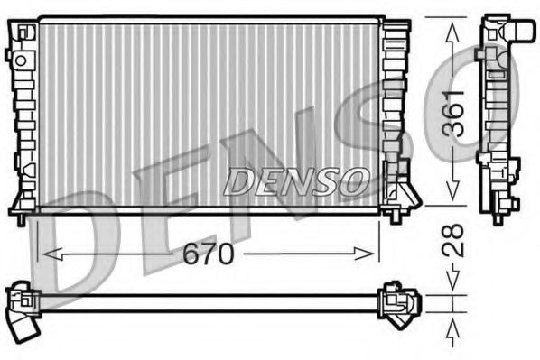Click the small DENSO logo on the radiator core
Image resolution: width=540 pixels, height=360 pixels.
pyautogui.click(x=294, y=180)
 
